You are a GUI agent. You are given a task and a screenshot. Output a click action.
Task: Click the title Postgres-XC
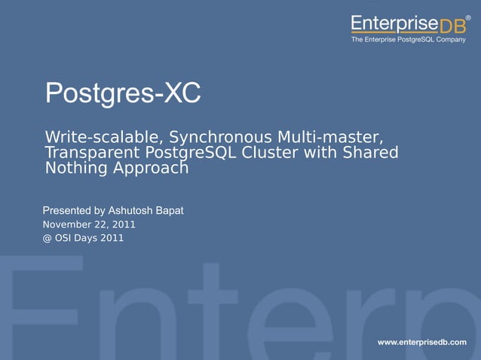pos(123,93)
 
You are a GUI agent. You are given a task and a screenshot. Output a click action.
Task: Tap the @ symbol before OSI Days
pos(47,239)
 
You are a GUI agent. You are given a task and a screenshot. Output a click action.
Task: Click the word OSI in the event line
pos(65,239)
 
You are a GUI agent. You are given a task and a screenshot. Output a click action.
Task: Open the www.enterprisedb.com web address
pos(421,342)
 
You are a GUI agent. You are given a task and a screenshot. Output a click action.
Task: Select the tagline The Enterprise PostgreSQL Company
pos(408,40)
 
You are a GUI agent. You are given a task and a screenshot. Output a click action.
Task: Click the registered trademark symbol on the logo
pos(468,16)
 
